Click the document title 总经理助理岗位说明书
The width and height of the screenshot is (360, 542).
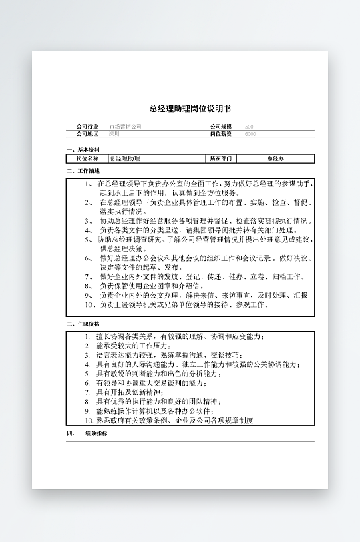point(190,109)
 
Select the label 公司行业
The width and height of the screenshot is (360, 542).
point(87,126)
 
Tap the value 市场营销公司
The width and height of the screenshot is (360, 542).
point(126,126)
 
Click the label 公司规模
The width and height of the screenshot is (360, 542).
point(221,126)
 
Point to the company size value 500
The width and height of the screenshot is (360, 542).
point(249,126)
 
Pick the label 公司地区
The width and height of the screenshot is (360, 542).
point(87,133)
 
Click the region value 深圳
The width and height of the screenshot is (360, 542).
point(114,133)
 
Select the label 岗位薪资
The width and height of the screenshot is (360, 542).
point(221,133)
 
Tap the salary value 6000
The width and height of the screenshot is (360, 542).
point(250,133)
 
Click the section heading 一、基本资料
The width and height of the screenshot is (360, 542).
point(83,150)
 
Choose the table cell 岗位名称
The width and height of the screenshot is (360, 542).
point(87,159)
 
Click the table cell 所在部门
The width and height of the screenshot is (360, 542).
point(222,159)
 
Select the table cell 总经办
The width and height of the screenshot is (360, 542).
point(275,159)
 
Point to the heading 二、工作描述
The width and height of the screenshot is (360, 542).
point(83,172)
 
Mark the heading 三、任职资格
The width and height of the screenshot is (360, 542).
point(83,324)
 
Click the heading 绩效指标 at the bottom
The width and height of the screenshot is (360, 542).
point(96,433)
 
